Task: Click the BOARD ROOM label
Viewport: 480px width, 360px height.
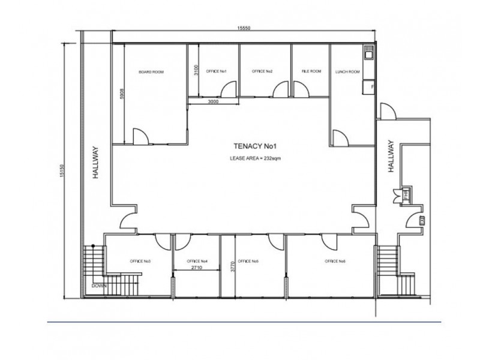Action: click(151, 72)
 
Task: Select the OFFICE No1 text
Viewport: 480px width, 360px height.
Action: click(216, 72)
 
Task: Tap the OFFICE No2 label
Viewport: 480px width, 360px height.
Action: click(262, 72)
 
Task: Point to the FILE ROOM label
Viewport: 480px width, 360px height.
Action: click(311, 72)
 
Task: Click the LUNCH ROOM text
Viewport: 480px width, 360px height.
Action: click(348, 72)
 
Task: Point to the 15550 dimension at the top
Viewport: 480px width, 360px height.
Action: click(243, 29)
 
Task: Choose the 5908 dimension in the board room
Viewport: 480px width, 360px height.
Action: click(122, 95)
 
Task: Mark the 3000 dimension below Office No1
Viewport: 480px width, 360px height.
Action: click(214, 102)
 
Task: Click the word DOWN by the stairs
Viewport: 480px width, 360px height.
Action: click(98, 286)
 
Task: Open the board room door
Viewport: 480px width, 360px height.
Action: click(140, 137)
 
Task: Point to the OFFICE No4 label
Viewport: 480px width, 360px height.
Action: click(197, 262)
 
